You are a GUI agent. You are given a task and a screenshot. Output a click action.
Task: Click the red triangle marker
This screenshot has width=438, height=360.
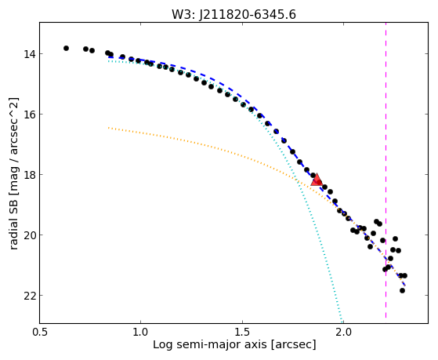click(317, 180)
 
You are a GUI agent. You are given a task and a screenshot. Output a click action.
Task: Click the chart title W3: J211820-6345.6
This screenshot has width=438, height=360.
click(233, 15)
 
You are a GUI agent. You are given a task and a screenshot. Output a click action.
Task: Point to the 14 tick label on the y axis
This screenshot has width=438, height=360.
click(29, 53)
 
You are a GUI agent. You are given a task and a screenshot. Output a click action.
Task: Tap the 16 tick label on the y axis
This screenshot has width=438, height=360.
click(29, 115)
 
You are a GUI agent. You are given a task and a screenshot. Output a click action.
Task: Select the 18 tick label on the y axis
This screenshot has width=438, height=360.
click(29, 175)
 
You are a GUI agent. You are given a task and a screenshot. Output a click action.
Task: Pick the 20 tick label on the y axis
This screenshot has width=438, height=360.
click(29, 235)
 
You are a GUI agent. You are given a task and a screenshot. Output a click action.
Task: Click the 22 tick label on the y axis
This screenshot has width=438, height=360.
click(29, 296)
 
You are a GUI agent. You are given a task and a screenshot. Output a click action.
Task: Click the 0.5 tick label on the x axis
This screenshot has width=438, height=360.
click(40, 332)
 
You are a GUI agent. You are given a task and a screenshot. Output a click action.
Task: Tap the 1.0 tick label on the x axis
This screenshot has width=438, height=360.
click(141, 332)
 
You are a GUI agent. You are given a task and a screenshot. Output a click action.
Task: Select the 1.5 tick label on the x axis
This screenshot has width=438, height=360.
click(242, 332)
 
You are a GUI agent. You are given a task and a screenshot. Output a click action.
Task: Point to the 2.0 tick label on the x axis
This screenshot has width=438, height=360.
click(343, 332)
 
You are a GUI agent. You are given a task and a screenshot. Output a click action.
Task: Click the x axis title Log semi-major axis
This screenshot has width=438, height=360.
click(209, 345)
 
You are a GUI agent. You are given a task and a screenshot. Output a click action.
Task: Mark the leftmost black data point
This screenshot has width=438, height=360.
click(66, 48)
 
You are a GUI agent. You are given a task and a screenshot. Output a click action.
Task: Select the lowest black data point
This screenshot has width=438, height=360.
click(402, 291)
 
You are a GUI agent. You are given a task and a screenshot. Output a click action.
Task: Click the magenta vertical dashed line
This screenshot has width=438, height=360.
click(386, 170)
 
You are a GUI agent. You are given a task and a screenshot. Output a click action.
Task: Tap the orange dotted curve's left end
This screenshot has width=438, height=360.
click(108, 128)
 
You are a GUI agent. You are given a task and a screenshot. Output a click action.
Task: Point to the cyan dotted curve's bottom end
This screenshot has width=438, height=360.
click(342, 322)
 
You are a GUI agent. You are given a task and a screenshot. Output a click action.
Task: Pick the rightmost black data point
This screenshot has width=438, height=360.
click(404, 275)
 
